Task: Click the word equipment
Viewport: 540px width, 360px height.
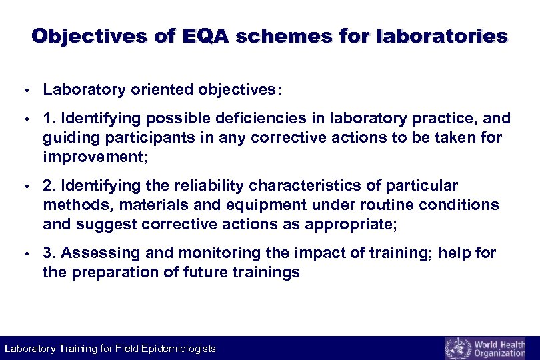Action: click(x=259, y=205)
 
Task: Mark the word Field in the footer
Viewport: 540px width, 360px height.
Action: click(x=126, y=349)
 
